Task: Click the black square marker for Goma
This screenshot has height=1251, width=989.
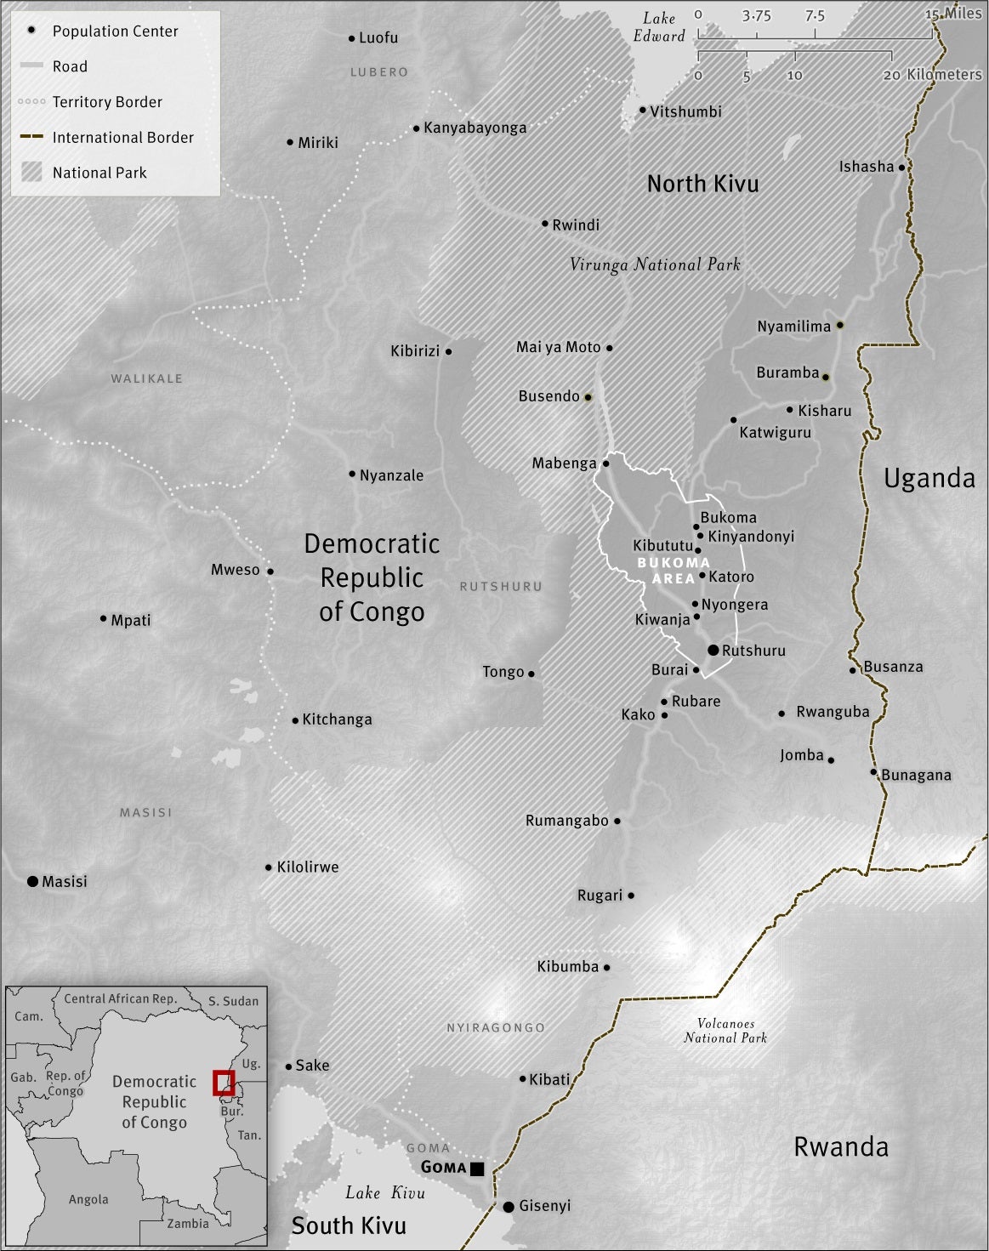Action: coord(477,1169)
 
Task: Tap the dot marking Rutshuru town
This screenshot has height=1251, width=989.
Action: coord(713,651)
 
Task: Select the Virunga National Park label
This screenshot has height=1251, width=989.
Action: coord(655,264)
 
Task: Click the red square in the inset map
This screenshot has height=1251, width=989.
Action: coord(223,1083)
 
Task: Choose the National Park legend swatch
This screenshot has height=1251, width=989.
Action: coord(31,173)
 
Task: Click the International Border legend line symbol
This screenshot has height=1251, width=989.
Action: coord(31,137)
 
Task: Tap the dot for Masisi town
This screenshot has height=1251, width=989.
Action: coord(32,881)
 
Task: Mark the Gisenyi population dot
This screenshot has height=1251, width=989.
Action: coord(508,1207)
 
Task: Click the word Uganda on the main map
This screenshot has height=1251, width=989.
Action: coord(929,478)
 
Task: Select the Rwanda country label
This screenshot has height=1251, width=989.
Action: coord(840,1146)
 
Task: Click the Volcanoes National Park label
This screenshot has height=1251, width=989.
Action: coord(725,1031)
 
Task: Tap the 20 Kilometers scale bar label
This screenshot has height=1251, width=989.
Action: coord(932,75)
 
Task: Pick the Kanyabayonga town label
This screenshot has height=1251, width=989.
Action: coord(475,128)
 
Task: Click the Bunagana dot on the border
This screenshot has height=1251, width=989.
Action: coord(873,772)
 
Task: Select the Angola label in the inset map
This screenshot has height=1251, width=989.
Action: coord(88,1199)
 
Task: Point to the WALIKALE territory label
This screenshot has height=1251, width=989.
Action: coord(146,378)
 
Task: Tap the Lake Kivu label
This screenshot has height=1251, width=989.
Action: coord(384,1193)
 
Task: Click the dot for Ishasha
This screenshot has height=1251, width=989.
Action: coord(901,168)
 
